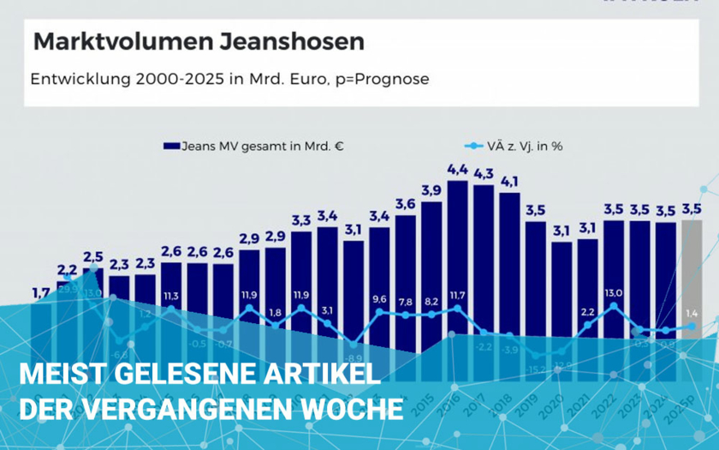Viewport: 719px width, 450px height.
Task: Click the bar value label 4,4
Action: pyautogui.click(x=458, y=168)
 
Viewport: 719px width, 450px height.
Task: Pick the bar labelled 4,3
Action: pyautogui.click(x=484, y=257)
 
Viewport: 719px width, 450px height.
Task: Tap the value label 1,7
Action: pyautogui.click(x=40, y=293)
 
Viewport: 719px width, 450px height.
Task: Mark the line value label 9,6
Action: pyautogui.click(x=379, y=299)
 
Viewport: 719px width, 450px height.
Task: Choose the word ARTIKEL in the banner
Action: pyautogui.click(x=324, y=375)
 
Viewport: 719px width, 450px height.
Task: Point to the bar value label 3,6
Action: pyautogui.click(x=406, y=203)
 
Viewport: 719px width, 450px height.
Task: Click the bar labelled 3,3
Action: pyautogui.click(x=301, y=283)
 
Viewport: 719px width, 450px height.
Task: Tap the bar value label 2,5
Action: pyautogui.click(x=92, y=256)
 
